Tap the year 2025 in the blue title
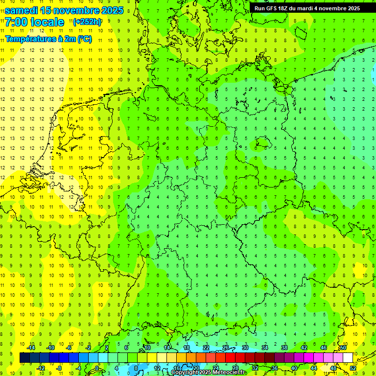tap(110, 10)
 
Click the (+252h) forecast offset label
tap(88, 22)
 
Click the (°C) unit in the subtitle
tap(84, 39)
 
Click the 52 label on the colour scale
tap(353, 368)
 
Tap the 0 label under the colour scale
tap(97, 368)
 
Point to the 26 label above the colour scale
tap(226, 348)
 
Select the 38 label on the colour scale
tap(284, 348)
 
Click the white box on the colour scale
tap(348, 358)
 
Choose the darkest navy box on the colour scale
tap(24, 358)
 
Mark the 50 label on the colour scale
tap(343, 348)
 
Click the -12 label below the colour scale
tap(41, 368)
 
